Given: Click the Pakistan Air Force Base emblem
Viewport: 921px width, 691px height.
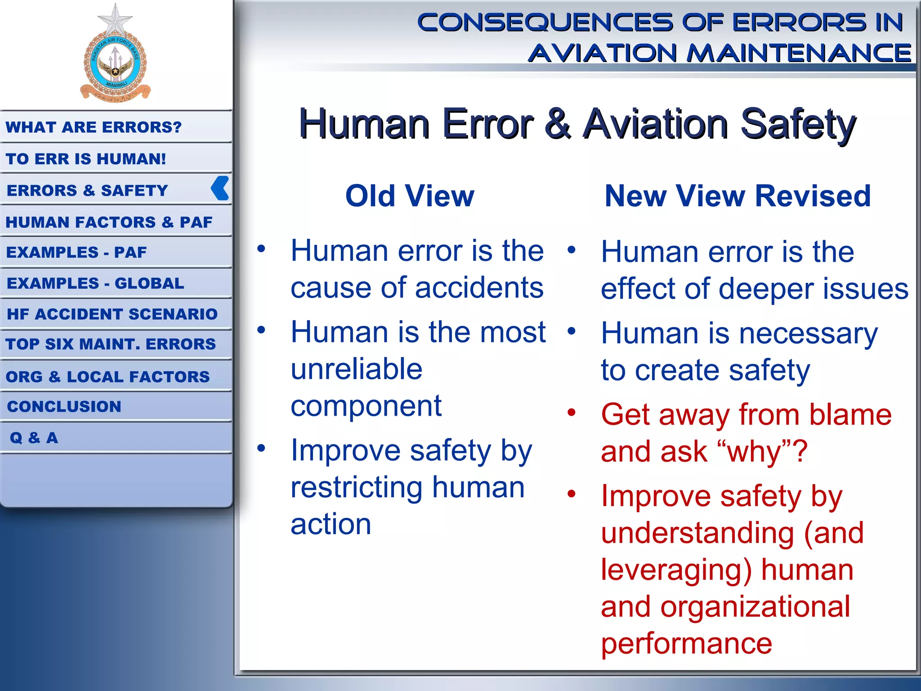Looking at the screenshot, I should coord(115,65).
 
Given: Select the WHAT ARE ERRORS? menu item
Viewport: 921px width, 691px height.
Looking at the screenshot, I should coord(94,127).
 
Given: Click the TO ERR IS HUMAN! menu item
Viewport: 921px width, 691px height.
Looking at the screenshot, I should coord(86,159).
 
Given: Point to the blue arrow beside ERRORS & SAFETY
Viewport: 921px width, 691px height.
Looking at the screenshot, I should coord(220,188).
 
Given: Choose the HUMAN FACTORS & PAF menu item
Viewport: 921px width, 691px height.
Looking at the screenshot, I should coord(109,222).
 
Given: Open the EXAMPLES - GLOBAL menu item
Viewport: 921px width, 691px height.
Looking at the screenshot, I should coord(95,283).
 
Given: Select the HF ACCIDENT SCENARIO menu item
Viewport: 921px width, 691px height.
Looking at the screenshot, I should coord(112,314).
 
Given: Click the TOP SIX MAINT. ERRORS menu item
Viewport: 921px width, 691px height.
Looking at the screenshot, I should coord(111,344).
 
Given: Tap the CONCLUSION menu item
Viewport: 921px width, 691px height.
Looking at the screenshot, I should coord(64,407).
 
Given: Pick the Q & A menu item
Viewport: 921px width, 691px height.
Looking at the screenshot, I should coord(34,438).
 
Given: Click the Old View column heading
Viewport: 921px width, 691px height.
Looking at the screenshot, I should coord(410,196).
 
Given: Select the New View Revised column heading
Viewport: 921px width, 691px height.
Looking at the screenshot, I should coord(738,196).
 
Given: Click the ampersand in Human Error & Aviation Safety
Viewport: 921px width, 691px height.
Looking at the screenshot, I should coord(558,123).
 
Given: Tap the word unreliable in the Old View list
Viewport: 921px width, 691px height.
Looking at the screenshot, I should coord(357,369).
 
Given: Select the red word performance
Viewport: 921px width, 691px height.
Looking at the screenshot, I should coord(686,644).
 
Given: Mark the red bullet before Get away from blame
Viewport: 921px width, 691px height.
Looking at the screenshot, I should coord(572,413).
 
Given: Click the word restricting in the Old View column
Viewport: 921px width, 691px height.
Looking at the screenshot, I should coord(357,488).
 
